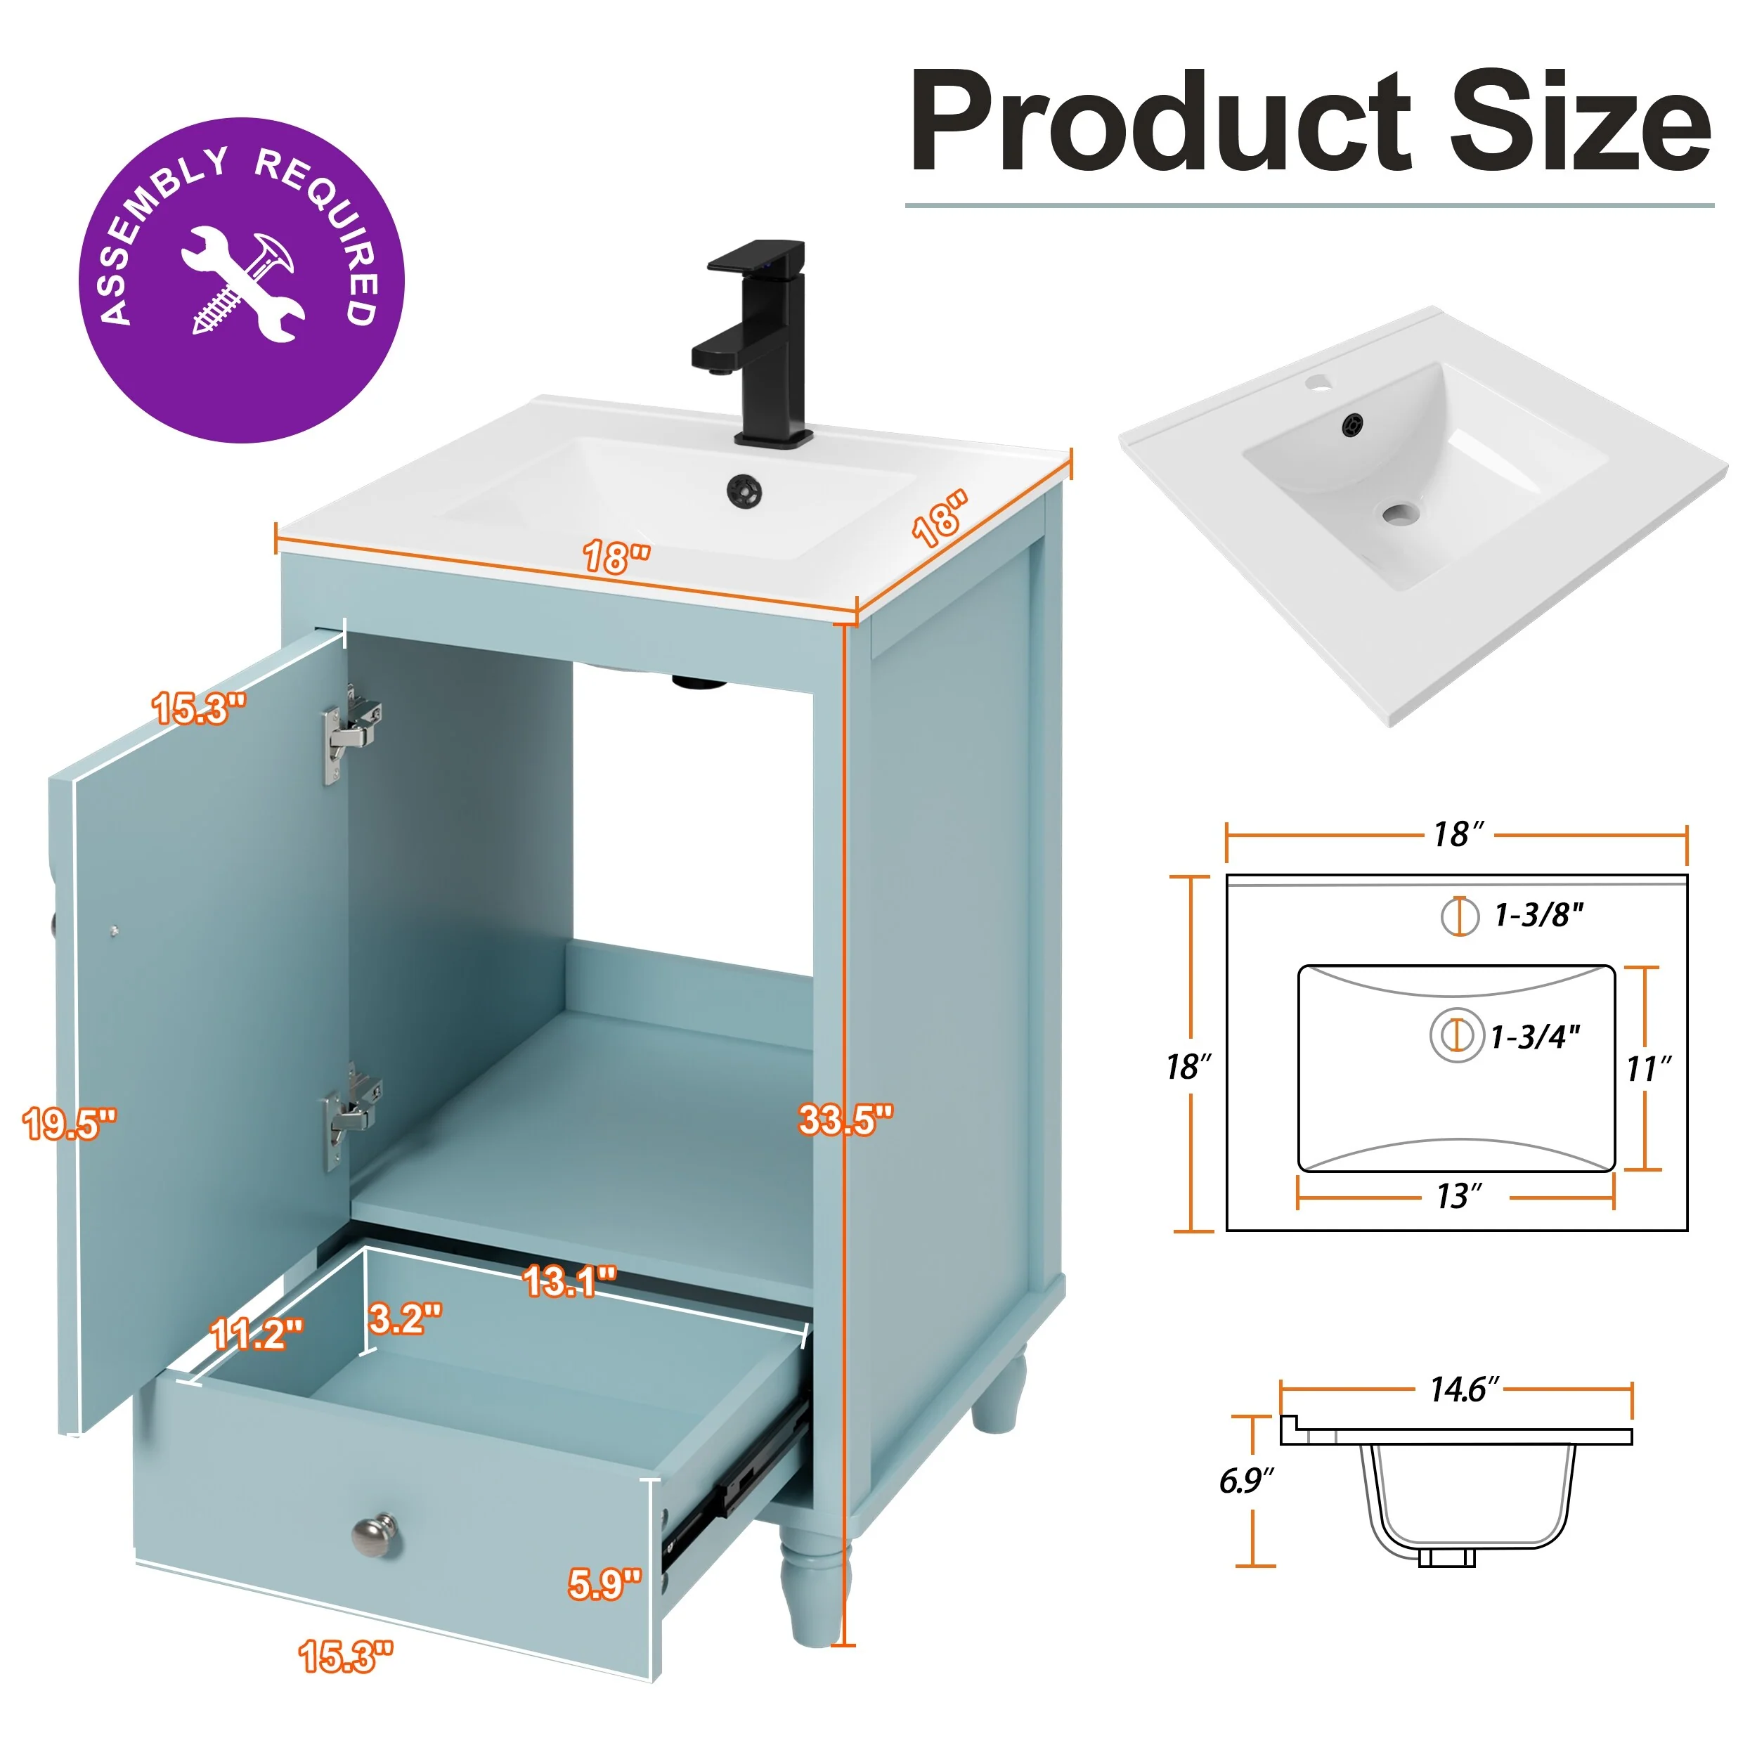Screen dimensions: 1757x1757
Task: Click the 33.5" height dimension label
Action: pos(845,1120)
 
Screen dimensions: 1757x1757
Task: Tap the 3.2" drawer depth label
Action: pos(406,1318)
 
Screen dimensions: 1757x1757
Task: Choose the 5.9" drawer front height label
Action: pos(606,1584)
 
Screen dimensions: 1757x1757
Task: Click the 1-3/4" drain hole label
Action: pos(1535,1037)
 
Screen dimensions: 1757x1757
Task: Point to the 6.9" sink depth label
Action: pos(1246,1481)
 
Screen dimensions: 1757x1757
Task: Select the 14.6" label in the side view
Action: pos(1464,1389)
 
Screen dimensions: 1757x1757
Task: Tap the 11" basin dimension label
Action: pos(1649,1068)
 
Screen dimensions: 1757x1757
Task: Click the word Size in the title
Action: pos(1580,121)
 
